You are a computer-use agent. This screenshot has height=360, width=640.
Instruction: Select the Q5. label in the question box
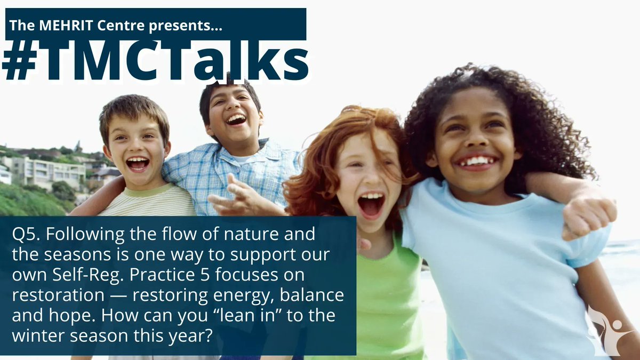pos(28,234)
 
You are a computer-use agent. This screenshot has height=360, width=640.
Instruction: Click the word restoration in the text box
pos(48,295)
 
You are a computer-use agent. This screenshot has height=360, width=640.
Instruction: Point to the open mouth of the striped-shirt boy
pos(137,163)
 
